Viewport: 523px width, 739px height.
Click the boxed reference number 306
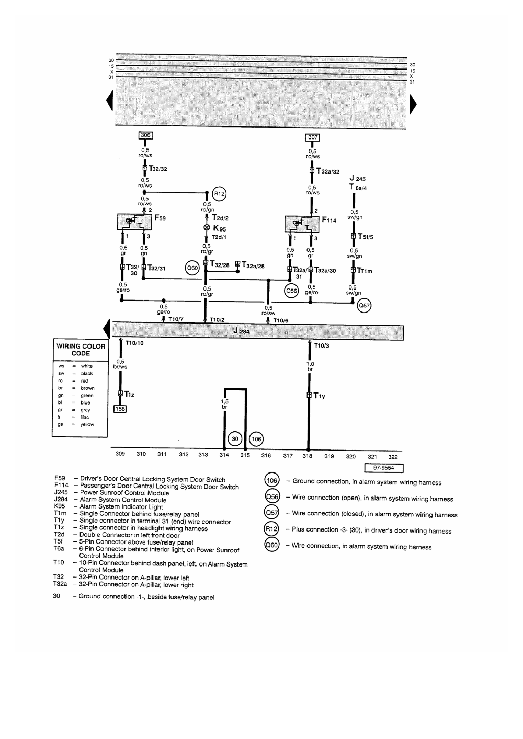(145, 135)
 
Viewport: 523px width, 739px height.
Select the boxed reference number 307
(312, 138)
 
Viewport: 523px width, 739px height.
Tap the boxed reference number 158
(120, 409)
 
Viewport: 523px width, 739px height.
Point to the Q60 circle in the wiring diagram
(193, 268)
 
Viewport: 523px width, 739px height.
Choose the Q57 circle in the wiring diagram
(363, 306)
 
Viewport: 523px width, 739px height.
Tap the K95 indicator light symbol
(207, 228)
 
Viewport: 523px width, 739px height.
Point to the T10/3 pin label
(322, 345)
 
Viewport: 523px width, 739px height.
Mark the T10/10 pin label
(134, 344)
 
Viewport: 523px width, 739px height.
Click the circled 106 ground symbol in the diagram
(256, 439)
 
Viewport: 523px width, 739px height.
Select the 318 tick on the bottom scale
(308, 456)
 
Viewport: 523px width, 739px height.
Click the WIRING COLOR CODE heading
(81, 350)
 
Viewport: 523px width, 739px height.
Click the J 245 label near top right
(358, 179)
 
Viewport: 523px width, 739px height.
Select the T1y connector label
(319, 396)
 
